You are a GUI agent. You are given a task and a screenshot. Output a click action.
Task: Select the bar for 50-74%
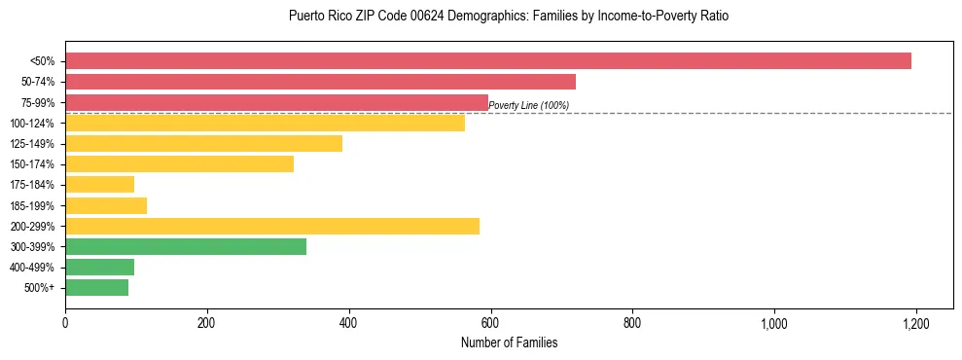pos(320,82)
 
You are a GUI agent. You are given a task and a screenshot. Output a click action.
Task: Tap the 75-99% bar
pos(276,102)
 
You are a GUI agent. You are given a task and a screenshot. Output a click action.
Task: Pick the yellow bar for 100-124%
pos(265,123)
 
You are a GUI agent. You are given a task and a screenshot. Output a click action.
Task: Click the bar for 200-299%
pos(272,226)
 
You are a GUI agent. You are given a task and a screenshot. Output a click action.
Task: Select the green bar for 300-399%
pos(186,246)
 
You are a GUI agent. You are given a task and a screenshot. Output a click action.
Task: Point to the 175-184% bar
pos(99,185)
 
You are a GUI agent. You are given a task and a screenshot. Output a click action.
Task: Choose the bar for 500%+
pos(96,287)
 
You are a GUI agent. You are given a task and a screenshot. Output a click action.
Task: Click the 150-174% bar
pos(179,164)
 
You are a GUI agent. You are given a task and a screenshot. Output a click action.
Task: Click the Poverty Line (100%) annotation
pos(528,105)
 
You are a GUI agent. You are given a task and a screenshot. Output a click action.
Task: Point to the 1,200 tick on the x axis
pos(915,322)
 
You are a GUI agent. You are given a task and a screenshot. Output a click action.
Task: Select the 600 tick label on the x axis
pos(490,322)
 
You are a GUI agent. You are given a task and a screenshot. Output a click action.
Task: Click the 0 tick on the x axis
pos(65,322)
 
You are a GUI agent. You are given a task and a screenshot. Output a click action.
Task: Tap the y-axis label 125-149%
pos(33,144)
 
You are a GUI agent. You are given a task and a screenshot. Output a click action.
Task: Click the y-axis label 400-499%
pos(33,268)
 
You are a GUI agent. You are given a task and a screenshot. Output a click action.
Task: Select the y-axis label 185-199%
pos(33,206)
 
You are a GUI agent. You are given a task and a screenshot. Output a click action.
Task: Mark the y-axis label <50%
pos(42,61)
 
